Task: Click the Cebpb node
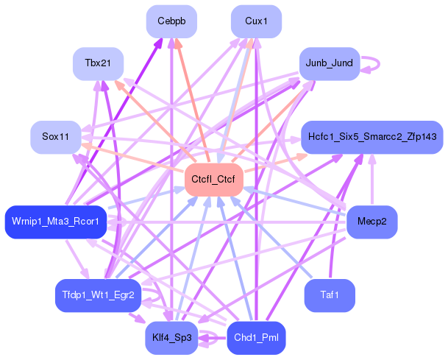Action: [171, 21]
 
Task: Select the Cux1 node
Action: [256, 21]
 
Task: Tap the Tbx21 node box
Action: [98, 63]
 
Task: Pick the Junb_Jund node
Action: [329, 63]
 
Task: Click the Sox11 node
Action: [55, 137]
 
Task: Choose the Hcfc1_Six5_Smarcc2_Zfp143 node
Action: [371, 137]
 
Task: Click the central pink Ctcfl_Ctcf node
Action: [213, 179]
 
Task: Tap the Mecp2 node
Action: [371, 222]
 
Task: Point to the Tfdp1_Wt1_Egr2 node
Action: [98, 295]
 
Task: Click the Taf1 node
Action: [329, 295]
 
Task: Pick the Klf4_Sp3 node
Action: [171, 338]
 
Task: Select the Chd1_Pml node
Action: [256, 338]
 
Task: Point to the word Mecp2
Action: [371, 222]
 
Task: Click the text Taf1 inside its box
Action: [329, 295]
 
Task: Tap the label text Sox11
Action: [55, 137]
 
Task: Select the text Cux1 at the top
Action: [256, 21]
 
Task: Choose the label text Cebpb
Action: [171, 21]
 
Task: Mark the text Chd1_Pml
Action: [256, 338]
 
